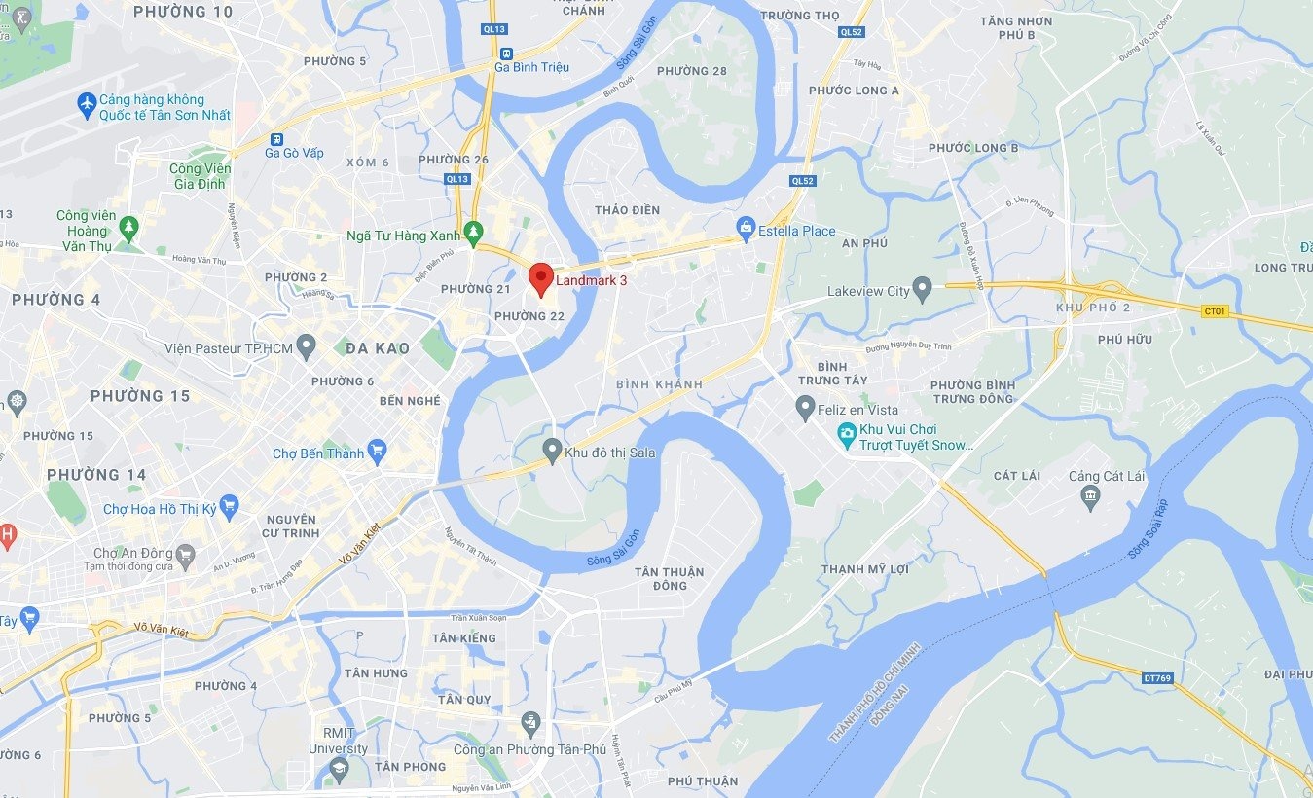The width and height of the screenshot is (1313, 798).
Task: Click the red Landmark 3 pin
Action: [x=541, y=277]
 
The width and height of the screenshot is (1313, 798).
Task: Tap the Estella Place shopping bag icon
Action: [x=747, y=229]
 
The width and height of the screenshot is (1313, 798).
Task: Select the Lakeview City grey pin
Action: [x=923, y=289]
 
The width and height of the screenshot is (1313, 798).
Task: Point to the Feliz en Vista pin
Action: [x=805, y=408]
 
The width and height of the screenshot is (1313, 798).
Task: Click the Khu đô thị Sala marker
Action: [x=552, y=451]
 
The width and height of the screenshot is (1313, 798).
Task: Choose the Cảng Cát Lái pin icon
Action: [x=1090, y=496]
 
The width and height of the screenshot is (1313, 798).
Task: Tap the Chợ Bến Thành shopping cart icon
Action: [x=378, y=452]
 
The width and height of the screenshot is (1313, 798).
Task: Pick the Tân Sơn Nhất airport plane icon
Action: [x=87, y=101]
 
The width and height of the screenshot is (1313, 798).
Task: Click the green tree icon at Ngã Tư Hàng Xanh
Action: [x=473, y=232]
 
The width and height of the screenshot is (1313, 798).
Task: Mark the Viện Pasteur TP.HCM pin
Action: [x=307, y=346]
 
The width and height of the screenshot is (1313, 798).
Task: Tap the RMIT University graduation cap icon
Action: [x=338, y=768]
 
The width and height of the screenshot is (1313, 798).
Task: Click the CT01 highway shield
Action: [x=1215, y=311]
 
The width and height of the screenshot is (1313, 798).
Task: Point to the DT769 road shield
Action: [x=1156, y=677]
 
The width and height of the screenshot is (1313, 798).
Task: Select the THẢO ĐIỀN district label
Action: [x=627, y=210]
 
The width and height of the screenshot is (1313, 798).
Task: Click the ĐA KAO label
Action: [x=378, y=348]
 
